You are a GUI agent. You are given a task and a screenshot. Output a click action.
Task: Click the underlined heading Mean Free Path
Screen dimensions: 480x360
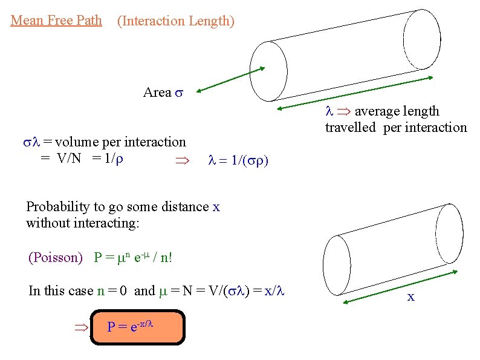coord(56,21)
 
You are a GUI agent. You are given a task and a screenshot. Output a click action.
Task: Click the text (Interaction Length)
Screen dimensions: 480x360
coord(175,21)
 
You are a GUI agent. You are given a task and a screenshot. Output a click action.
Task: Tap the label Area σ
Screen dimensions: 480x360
coord(163,93)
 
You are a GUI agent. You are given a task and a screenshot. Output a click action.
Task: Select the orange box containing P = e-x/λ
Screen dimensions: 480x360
coord(137,327)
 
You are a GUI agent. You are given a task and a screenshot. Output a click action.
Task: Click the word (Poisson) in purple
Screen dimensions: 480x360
coord(56,258)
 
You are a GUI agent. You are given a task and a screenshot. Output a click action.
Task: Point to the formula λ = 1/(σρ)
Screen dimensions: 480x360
coord(238,161)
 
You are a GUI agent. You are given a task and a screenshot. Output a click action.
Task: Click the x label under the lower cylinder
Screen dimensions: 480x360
coord(411,297)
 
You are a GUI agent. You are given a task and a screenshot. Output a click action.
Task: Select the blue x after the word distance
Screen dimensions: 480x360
coord(216,207)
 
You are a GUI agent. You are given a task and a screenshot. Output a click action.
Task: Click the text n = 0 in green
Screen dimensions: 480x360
coord(112,291)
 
